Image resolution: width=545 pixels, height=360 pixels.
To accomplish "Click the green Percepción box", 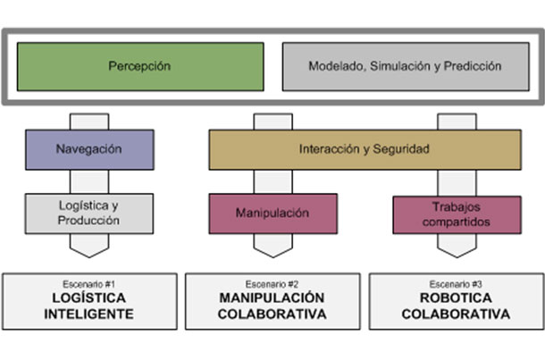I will coord(139,66).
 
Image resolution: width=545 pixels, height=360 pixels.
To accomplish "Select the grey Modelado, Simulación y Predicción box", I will coord(405,66).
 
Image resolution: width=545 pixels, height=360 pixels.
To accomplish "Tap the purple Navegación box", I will coord(88,149).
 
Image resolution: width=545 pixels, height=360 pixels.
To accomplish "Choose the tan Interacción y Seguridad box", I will coord(365,149).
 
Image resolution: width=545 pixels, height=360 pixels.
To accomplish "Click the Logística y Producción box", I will coord(88,213).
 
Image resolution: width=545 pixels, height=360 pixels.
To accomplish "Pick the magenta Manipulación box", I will coord(272,213).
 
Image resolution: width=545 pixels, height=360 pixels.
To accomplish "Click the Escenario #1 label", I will coord(88,284).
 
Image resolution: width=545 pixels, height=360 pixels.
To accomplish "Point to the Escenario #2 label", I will coord(272,284).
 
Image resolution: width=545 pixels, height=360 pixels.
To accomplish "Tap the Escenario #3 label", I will coord(456,284).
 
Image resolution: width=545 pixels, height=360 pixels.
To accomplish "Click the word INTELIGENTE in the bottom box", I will coord(88,314).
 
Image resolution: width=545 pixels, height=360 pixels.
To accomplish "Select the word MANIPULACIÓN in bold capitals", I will coord(272,298).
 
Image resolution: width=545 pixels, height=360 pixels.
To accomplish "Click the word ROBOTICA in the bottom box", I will coord(456,298).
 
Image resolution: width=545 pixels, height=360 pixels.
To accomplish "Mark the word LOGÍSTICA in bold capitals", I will coord(88,298).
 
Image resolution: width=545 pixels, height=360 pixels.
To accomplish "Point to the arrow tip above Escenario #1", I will coord(88,253).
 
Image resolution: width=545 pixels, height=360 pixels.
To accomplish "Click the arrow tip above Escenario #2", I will coord(272,253).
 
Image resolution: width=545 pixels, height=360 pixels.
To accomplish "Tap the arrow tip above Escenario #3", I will coord(457,253).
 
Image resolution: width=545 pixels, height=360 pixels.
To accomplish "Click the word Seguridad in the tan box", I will coord(402,149).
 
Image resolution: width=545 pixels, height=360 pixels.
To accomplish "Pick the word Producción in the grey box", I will coord(88,221).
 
